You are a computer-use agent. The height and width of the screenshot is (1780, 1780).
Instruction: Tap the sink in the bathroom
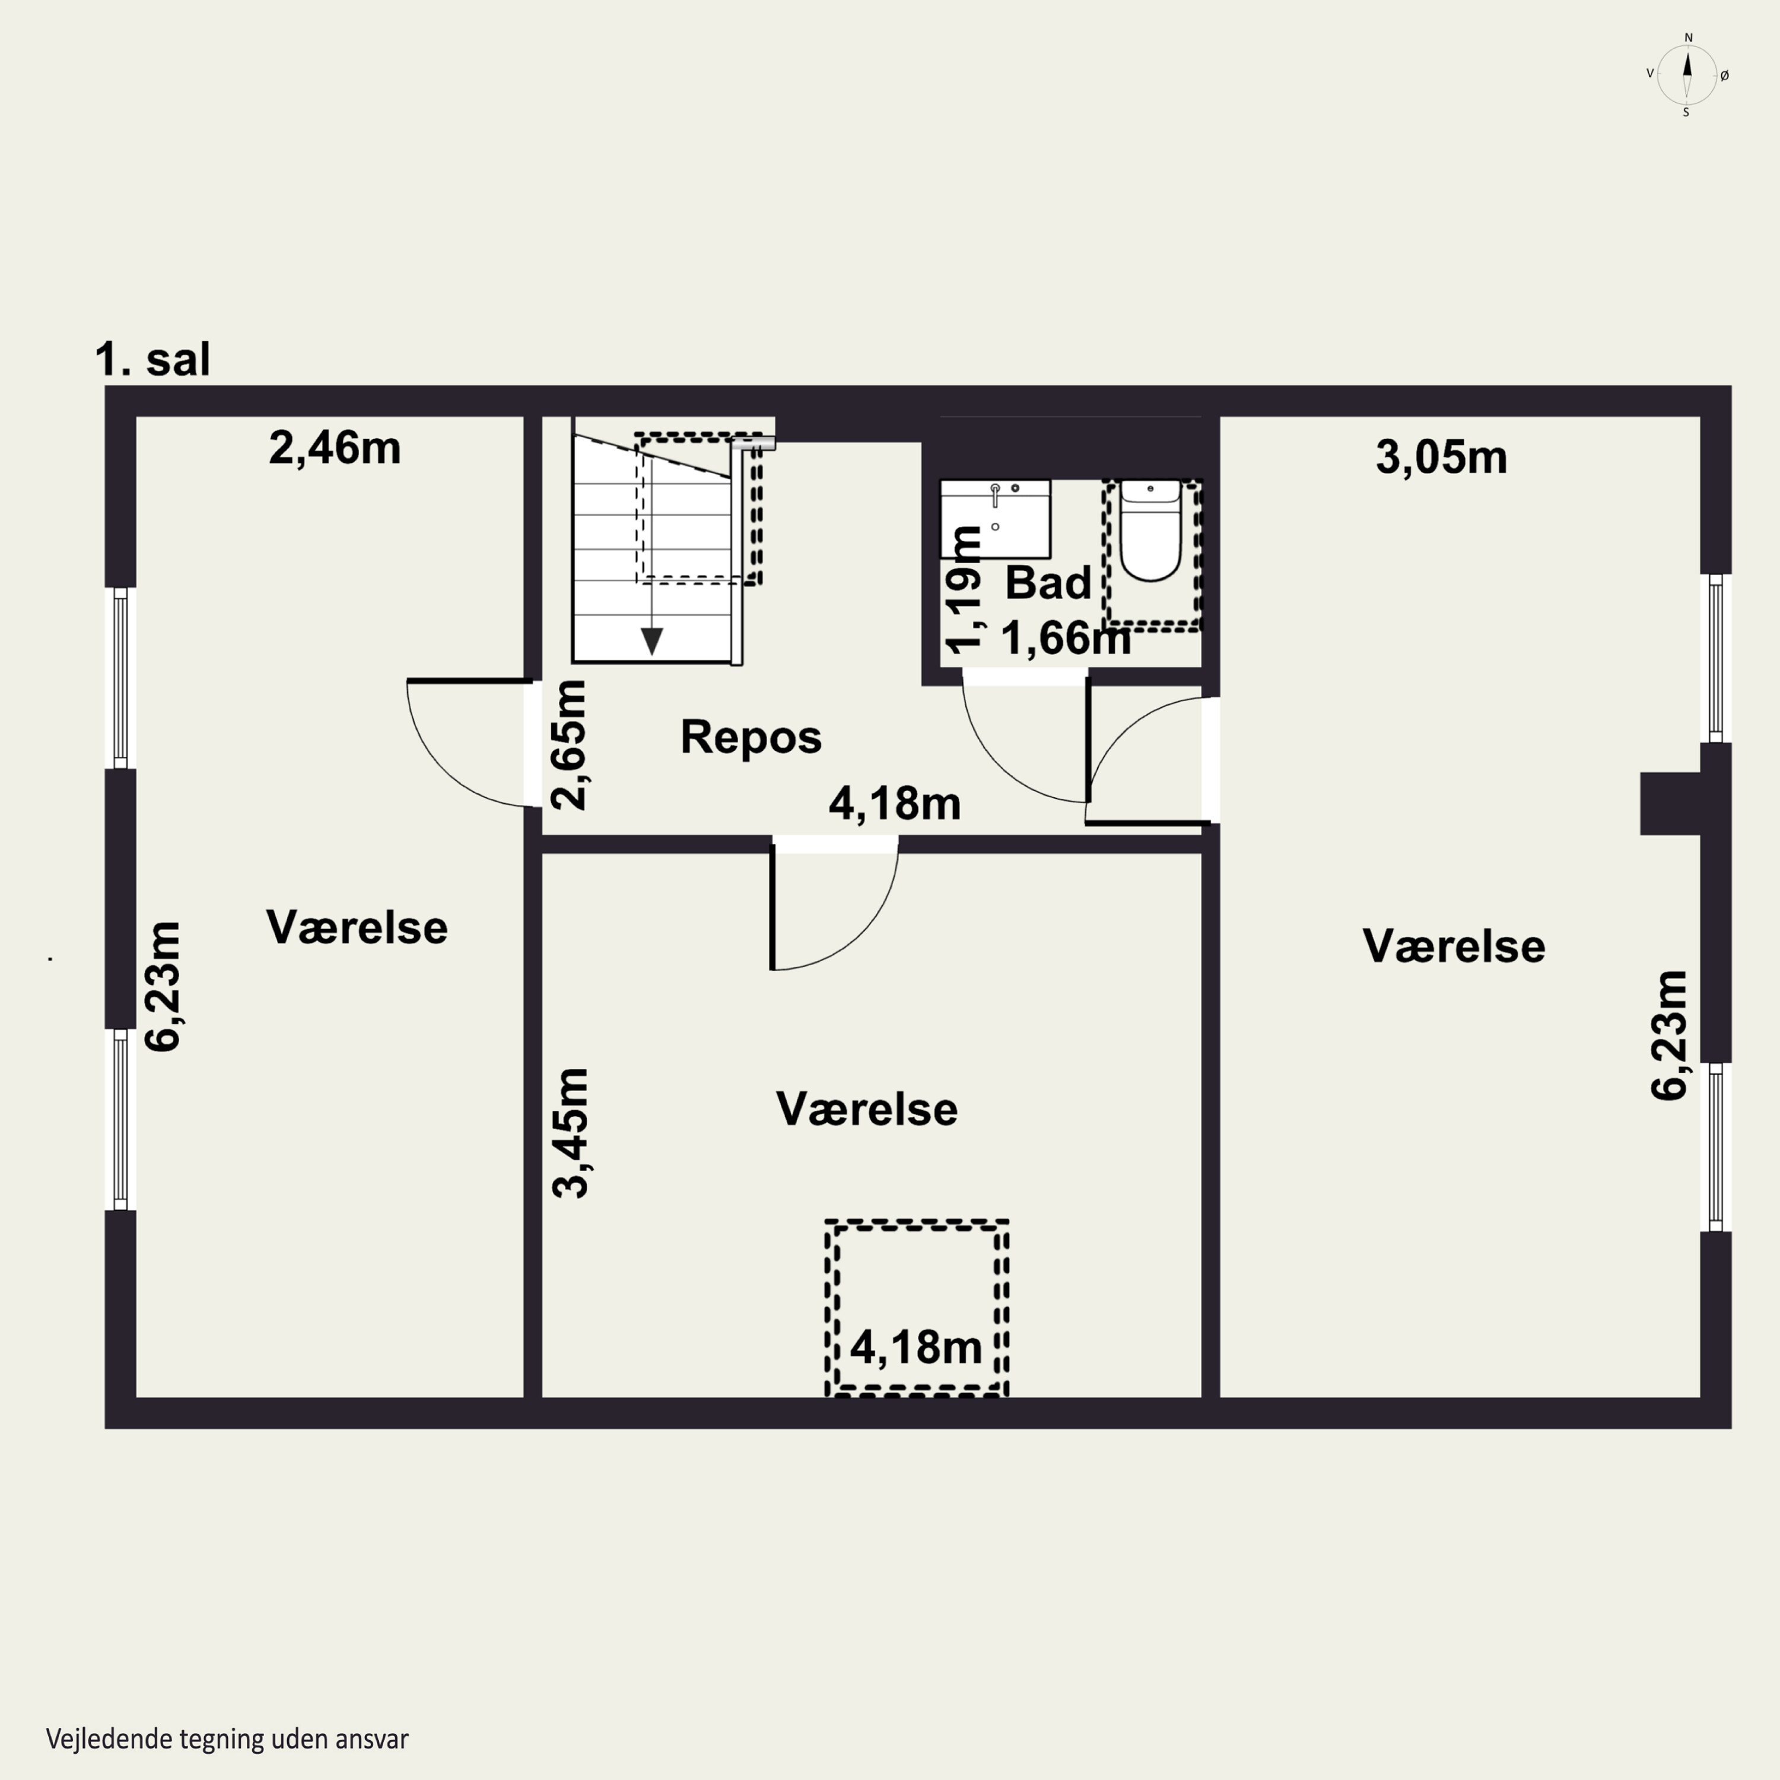click(995, 519)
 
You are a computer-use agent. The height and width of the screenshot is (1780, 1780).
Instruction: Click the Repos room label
click(751, 737)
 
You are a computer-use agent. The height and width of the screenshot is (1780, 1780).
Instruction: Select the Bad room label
click(1048, 582)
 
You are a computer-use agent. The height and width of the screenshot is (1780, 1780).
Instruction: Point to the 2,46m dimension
click(335, 449)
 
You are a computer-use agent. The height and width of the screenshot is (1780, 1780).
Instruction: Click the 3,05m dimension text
click(1441, 458)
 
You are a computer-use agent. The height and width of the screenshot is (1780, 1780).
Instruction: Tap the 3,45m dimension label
click(570, 1133)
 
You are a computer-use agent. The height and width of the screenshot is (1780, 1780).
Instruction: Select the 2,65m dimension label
click(568, 745)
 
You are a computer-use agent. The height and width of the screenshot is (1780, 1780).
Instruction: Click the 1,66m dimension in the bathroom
click(1066, 638)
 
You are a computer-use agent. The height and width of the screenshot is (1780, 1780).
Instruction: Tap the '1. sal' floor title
click(153, 360)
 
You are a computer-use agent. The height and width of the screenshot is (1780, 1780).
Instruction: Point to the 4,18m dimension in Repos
click(895, 803)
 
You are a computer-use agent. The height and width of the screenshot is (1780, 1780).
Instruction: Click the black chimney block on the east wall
click(1670, 803)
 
